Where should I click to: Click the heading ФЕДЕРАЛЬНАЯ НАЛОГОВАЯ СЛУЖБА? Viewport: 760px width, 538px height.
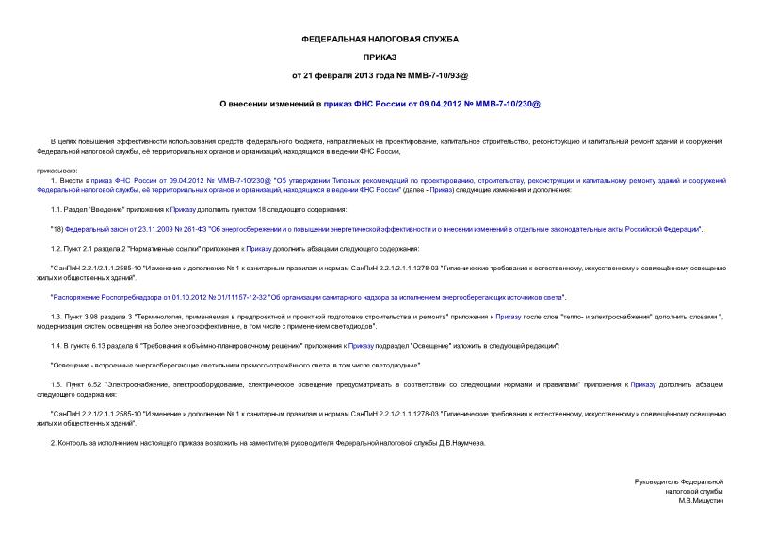[x=380, y=39]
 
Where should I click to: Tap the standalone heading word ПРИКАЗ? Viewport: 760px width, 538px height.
[x=380, y=57]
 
